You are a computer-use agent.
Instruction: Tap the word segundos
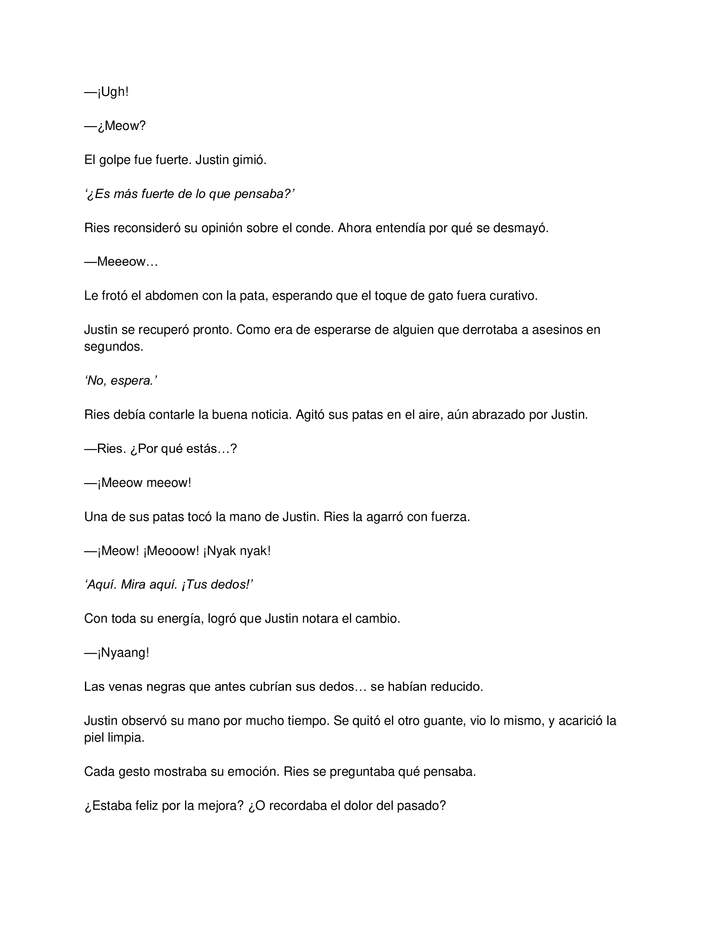click(114, 346)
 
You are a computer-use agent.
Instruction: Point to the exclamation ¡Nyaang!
click(123, 653)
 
